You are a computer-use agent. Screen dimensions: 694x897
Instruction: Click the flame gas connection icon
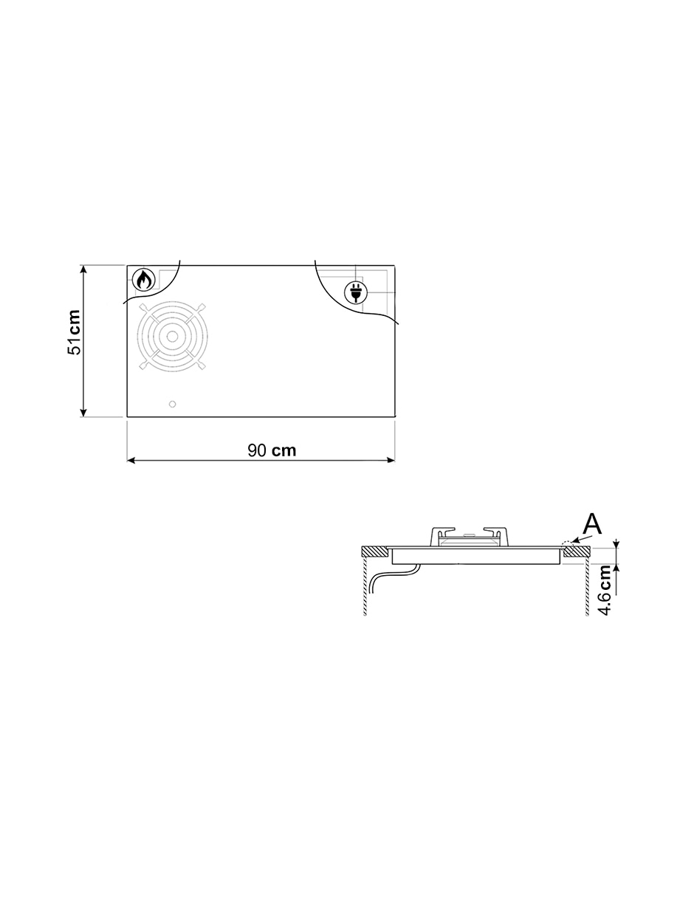[x=144, y=281]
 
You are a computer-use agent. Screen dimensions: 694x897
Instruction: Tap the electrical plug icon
[x=355, y=292]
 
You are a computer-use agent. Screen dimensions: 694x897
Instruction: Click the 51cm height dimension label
[x=75, y=333]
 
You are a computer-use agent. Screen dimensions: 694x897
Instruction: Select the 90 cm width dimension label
[x=272, y=450]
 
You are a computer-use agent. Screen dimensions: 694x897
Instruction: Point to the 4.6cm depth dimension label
[x=605, y=590]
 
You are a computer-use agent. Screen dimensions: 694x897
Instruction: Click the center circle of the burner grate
[x=172, y=337]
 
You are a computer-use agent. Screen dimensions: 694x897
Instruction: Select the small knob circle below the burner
[x=173, y=404]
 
